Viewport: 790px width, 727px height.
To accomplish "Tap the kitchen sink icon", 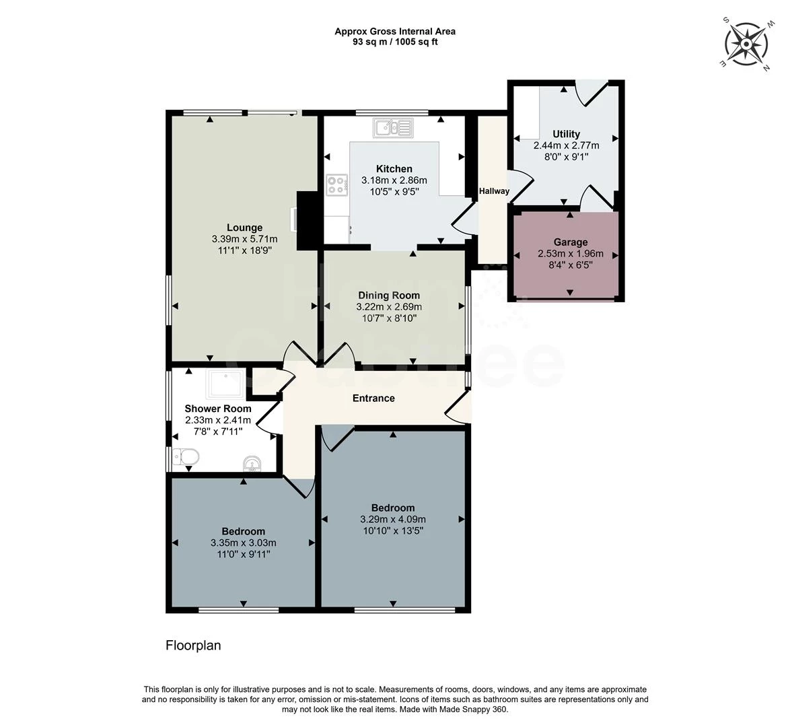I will [x=394, y=127].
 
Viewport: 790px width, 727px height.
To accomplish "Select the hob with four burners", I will [x=336, y=185].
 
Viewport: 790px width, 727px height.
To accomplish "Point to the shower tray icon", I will [x=226, y=384].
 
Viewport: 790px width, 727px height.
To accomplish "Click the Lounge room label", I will [x=244, y=228].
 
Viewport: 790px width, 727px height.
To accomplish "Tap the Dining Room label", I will [x=388, y=296].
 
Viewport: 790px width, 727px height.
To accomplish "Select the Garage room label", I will [x=570, y=242].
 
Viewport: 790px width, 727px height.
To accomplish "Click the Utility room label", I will [x=566, y=134].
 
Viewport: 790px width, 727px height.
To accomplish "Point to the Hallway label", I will [x=494, y=191].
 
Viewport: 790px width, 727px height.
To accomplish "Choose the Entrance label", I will [x=373, y=398].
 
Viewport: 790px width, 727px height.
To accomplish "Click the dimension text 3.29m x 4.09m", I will [x=393, y=519].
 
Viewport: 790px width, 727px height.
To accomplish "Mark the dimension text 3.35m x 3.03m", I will [x=244, y=543].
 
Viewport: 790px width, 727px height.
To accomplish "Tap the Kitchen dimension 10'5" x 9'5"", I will [x=394, y=191].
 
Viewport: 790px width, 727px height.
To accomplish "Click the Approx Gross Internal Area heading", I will [x=395, y=31].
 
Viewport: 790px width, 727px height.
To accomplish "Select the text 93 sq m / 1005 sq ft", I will [x=395, y=42].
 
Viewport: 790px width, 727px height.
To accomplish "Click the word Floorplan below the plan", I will [x=193, y=646].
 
